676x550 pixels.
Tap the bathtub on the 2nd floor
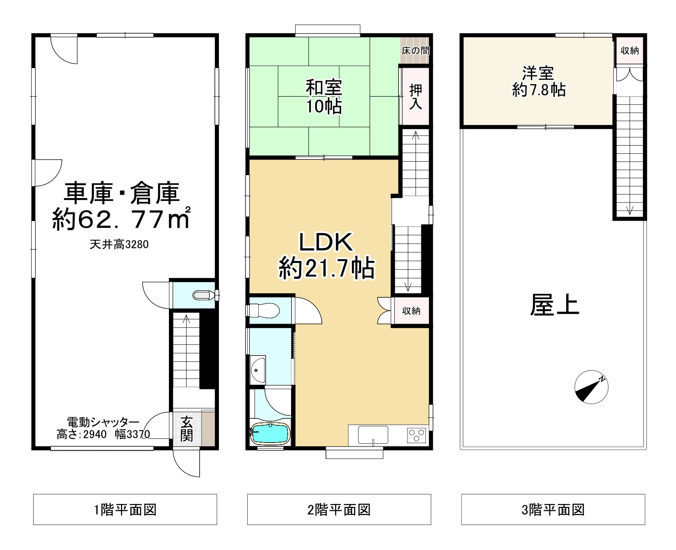270,434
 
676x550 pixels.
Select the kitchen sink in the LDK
373,435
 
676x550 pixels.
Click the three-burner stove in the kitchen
417,435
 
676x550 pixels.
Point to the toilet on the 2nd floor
264,310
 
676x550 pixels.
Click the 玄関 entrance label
187,429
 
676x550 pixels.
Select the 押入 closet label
415,96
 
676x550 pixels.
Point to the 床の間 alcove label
415,51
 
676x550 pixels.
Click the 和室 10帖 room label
323,97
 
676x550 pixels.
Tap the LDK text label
326,242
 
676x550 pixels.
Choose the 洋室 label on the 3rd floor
538,73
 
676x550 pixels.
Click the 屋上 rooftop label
554,305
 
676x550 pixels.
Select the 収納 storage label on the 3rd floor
629,51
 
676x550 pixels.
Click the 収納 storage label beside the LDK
411,311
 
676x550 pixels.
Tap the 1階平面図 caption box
125,510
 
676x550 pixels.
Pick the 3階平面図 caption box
553,510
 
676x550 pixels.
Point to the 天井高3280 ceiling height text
119,245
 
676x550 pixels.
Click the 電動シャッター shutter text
103,422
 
